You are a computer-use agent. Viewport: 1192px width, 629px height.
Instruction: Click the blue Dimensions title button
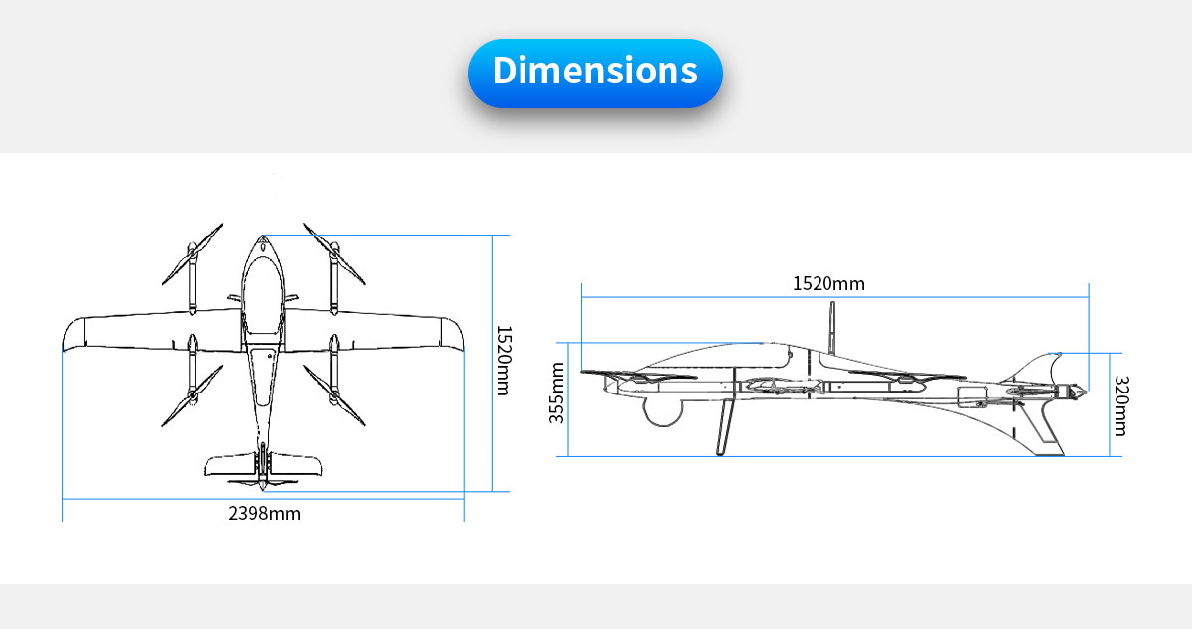(595, 73)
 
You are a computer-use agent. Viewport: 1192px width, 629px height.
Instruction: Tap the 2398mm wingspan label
(264, 514)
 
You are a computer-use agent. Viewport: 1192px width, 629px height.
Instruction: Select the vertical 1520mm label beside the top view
(503, 361)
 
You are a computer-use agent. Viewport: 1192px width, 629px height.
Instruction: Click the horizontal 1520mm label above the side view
(828, 283)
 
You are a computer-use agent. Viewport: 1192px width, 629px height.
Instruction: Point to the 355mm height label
(556, 393)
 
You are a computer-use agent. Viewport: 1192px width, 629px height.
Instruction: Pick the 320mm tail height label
(1121, 405)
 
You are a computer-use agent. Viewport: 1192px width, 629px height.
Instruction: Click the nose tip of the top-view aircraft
(263, 236)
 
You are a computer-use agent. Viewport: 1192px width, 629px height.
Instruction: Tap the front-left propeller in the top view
(192, 253)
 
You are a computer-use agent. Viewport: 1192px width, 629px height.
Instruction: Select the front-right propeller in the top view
(334, 253)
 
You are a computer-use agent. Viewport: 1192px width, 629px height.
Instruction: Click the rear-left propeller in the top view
(192, 395)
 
